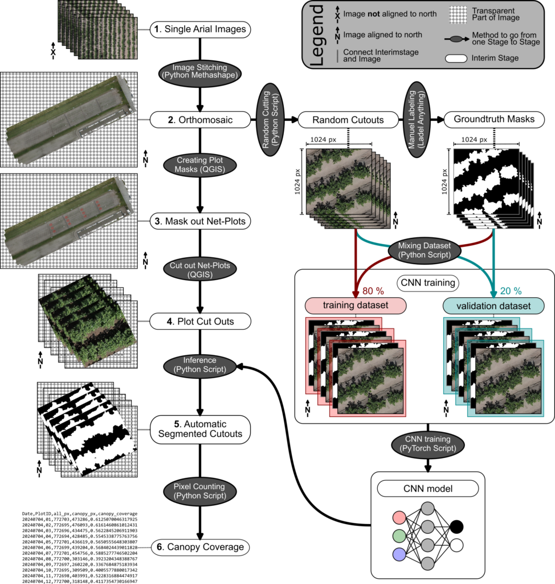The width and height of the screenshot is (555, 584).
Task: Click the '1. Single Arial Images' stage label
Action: click(200, 29)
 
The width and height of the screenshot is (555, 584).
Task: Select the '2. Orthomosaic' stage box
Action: click(200, 120)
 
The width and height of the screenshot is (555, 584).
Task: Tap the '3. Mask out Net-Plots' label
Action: click(200, 221)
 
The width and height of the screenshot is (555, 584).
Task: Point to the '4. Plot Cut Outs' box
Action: click(200, 322)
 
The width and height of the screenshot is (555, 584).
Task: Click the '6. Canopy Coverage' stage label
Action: click(200, 547)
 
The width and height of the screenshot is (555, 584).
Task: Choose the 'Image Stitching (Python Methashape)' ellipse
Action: click(200, 71)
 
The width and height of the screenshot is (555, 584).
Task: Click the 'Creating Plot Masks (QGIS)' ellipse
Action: click(200, 165)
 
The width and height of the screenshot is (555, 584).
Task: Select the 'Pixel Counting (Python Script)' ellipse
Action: click(200, 491)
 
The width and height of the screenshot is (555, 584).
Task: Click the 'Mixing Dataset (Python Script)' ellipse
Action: click(421, 250)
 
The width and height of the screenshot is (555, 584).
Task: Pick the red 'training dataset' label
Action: click(356, 306)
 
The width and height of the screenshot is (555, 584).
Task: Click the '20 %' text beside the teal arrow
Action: click(510, 291)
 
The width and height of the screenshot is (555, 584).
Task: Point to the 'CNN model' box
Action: click(419, 488)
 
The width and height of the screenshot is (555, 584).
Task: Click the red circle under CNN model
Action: click(399, 518)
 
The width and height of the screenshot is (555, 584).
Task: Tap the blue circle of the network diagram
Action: click(399, 554)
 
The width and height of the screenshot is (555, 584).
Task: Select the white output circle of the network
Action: click(456, 546)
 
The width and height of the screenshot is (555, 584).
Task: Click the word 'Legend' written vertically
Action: click(317, 34)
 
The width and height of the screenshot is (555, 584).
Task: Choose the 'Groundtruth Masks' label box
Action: click(493, 120)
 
